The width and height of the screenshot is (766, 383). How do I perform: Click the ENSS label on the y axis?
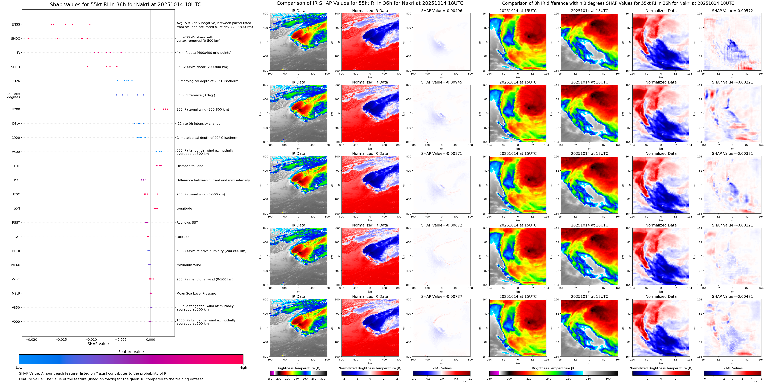[x=16, y=24]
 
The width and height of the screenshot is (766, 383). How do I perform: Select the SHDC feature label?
[x=15, y=39]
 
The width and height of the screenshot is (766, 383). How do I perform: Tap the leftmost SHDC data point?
[x=29, y=38]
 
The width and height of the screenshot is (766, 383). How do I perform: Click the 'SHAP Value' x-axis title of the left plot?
[x=98, y=344]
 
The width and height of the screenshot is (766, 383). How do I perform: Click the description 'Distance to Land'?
[x=190, y=166]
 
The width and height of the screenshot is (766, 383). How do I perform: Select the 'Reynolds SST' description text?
[x=187, y=222]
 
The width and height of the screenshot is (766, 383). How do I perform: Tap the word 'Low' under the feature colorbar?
[x=19, y=368]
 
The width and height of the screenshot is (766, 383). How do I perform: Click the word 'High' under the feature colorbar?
[x=243, y=368]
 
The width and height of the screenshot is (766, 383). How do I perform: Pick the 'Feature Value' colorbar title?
[x=131, y=352]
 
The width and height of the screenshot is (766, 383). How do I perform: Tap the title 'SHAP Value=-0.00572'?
[x=732, y=11]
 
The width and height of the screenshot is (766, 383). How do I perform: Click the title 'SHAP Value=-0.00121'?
[x=732, y=225]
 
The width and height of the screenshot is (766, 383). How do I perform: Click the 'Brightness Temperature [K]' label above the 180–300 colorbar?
[x=298, y=368]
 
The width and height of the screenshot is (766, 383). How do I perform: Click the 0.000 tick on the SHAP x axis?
[x=151, y=340]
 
